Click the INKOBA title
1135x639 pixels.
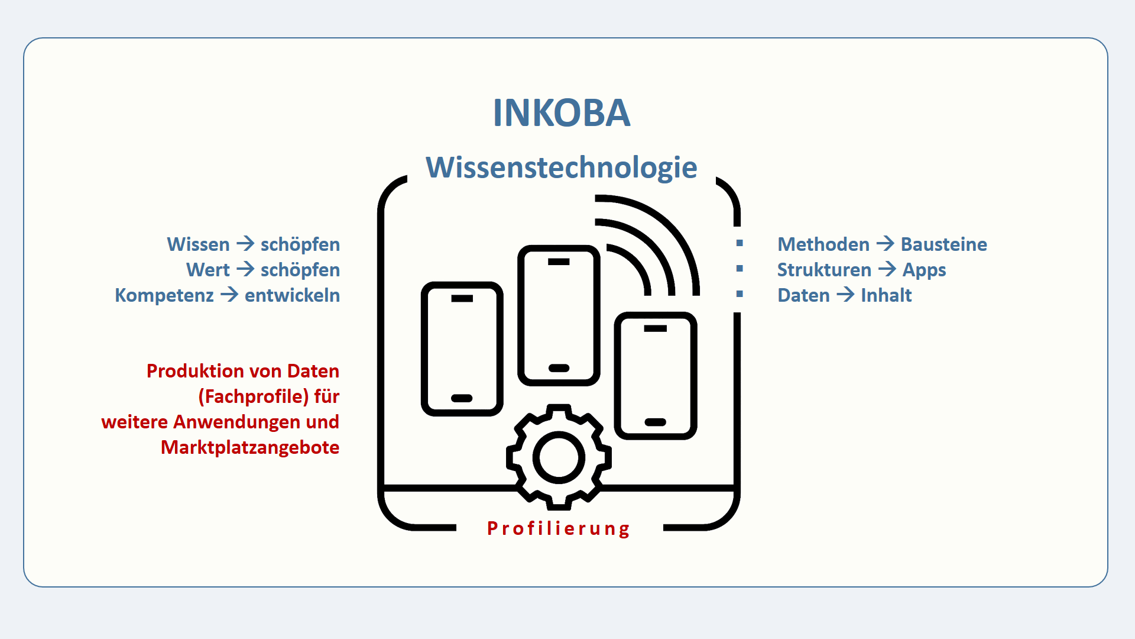(x=562, y=112)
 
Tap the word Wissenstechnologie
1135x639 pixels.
(x=562, y=167)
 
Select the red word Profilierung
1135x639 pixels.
(x=559, y=528)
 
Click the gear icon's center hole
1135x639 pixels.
(x=559, y=457)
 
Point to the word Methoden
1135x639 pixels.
(x=823, y=244)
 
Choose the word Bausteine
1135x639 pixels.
(x=943, y=244)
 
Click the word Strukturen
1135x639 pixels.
(x=824, y=270)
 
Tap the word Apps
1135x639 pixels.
(x=924, y=270)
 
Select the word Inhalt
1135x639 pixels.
(x=886, y=295)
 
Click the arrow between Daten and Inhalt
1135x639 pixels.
(x=845, y=295)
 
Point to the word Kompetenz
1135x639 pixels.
(x=164, y=295)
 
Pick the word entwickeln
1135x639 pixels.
(x=292, y=295)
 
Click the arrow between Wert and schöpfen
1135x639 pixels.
(x=245, y=269)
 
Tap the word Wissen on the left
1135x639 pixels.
(x=198, y=244)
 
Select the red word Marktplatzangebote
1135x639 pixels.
(x=250, y=447)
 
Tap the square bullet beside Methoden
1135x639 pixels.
(x=740, y=243)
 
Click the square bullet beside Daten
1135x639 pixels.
(x=740, y=294)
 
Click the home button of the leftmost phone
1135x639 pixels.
(x=462, y=398)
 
